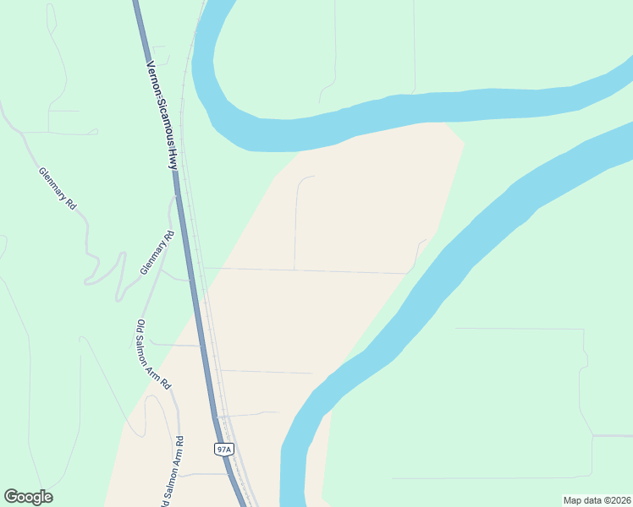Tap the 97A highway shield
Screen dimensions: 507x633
(223, 450)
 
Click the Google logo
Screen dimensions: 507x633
(28, 497)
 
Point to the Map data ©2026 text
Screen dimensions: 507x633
(597, 500)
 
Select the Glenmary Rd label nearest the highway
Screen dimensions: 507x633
(157, 253)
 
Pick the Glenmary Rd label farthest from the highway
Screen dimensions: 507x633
(58, 188)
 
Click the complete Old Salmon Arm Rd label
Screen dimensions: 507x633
(154, 354)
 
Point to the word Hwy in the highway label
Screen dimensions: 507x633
(173, 161)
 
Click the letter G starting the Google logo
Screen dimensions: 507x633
(11, 497)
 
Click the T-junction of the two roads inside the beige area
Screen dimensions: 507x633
(294, 270)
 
